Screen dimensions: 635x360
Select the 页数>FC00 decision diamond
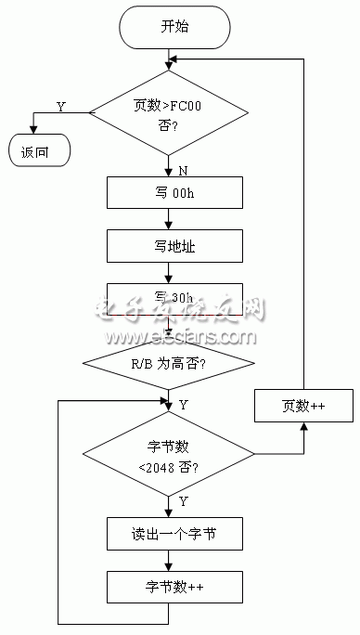coord(169,112)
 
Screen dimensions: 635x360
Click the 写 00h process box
coord(169,193)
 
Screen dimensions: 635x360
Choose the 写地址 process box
coord(169,246)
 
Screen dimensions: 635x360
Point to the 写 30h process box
coord(169,299)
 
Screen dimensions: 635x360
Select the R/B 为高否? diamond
coord(169,364)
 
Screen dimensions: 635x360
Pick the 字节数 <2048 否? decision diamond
coord(169,455)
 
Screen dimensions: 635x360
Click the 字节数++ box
coord(169,587)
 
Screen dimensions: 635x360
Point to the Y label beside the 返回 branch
coord(61,107)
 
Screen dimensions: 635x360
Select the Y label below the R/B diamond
coord(183,405)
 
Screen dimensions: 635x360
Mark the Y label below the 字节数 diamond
coord(183,502)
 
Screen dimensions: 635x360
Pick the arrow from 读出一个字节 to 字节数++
coord(169,561)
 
